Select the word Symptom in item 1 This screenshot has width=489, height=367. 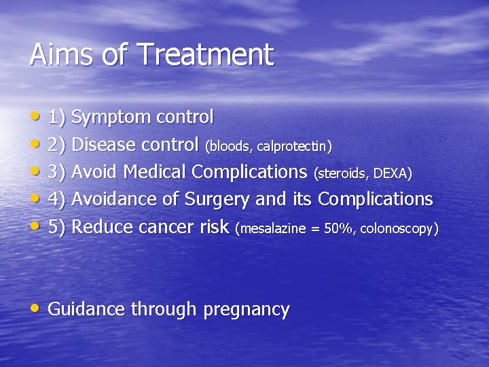pyautogui.click(x=111, y=118)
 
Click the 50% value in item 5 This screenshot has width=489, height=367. pyautogui.click(x=338, y=229)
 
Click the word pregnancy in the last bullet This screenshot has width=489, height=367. pyautogui.click(x=247, y=310)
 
